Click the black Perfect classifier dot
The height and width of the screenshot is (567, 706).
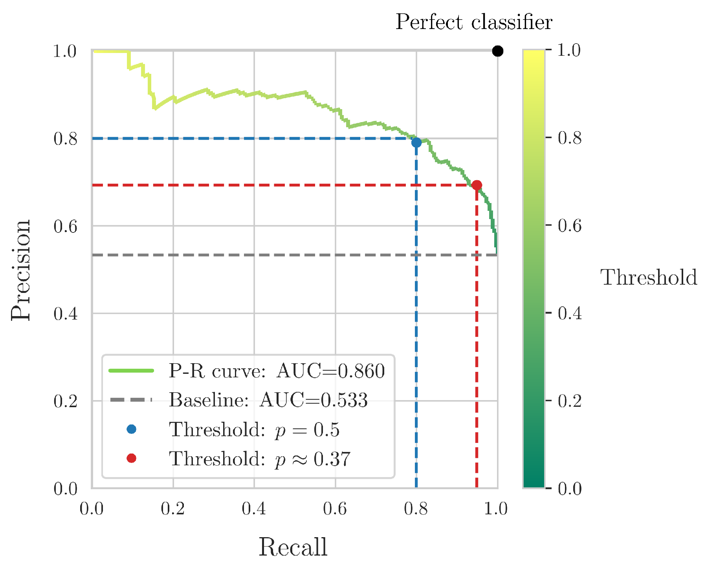tap(497, 51)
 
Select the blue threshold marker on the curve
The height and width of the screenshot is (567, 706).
tap(416, 143)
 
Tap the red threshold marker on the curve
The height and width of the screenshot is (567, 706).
tap(477, 185)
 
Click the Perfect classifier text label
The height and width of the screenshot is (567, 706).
tap(473, 22)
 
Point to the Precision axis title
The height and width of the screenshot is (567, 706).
tap(20, 270)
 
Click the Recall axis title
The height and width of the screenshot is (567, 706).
tap(293, 547)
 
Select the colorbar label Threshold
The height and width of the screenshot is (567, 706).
tap(649, 277)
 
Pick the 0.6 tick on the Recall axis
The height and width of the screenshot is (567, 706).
tap(335, 509)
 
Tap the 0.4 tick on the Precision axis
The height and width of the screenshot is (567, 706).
tap(65, 314)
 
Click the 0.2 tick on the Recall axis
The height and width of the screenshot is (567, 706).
tap(173, 509)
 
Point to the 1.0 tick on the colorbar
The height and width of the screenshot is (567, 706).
tap(569, 50)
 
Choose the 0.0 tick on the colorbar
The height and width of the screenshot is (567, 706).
tap(569, 489)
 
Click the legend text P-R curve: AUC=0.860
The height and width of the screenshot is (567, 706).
tap(277, 371)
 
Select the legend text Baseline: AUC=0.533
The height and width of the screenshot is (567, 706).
tap(268, 400)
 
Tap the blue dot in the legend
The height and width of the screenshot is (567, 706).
tap(132, 429)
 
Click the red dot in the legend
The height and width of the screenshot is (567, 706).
tap(132, 458)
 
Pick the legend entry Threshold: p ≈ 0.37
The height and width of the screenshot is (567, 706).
tap(259, 459)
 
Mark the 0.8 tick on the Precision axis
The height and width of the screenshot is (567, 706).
tap(65, 139)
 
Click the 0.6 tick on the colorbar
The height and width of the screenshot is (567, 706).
tap(569, 226)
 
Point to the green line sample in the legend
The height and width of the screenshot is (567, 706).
tap(131, 371)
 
